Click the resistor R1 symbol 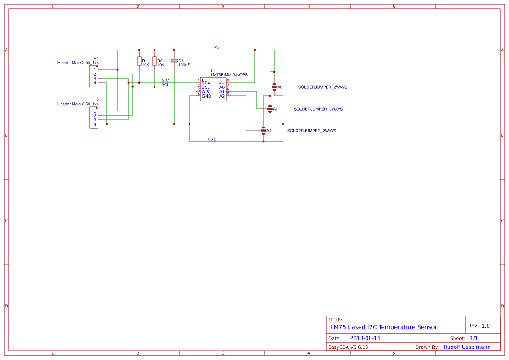click(x=139, y=61)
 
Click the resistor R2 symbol click(x=154, y=61)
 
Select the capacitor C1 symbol click(x=174, y=61)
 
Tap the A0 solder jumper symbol click(x=274, y=87)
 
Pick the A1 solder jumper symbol click(x=270, y=108)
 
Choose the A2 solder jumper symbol click(x=263, y=130)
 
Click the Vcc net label click(x=217, y=47)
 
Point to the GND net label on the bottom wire click(x=212, y=139)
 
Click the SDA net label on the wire click(x=166, y=81)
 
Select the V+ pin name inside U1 click(x=222, y=83)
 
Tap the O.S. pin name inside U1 click(x=206, y=91)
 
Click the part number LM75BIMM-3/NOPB click(x=229, y=75)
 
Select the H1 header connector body click(x=93, y=76)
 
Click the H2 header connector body click(x=93, y=118)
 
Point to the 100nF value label click(x=184, y=65)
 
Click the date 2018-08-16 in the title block click(x=365, y=338)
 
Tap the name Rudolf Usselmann click(x=467, y=347)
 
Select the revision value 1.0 click(x=485, y=326)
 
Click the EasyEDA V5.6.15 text click(x=348, y=347)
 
